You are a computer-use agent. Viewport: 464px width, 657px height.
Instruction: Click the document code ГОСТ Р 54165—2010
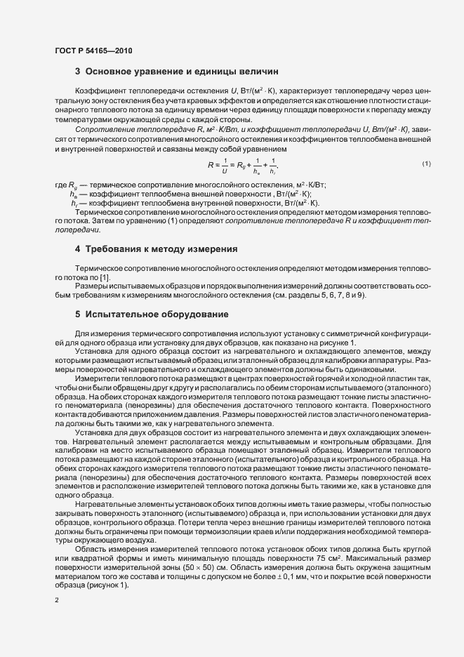93,51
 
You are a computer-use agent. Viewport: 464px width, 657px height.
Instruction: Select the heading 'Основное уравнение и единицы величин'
182,72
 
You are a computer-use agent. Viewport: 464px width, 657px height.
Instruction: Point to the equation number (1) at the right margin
426,184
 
